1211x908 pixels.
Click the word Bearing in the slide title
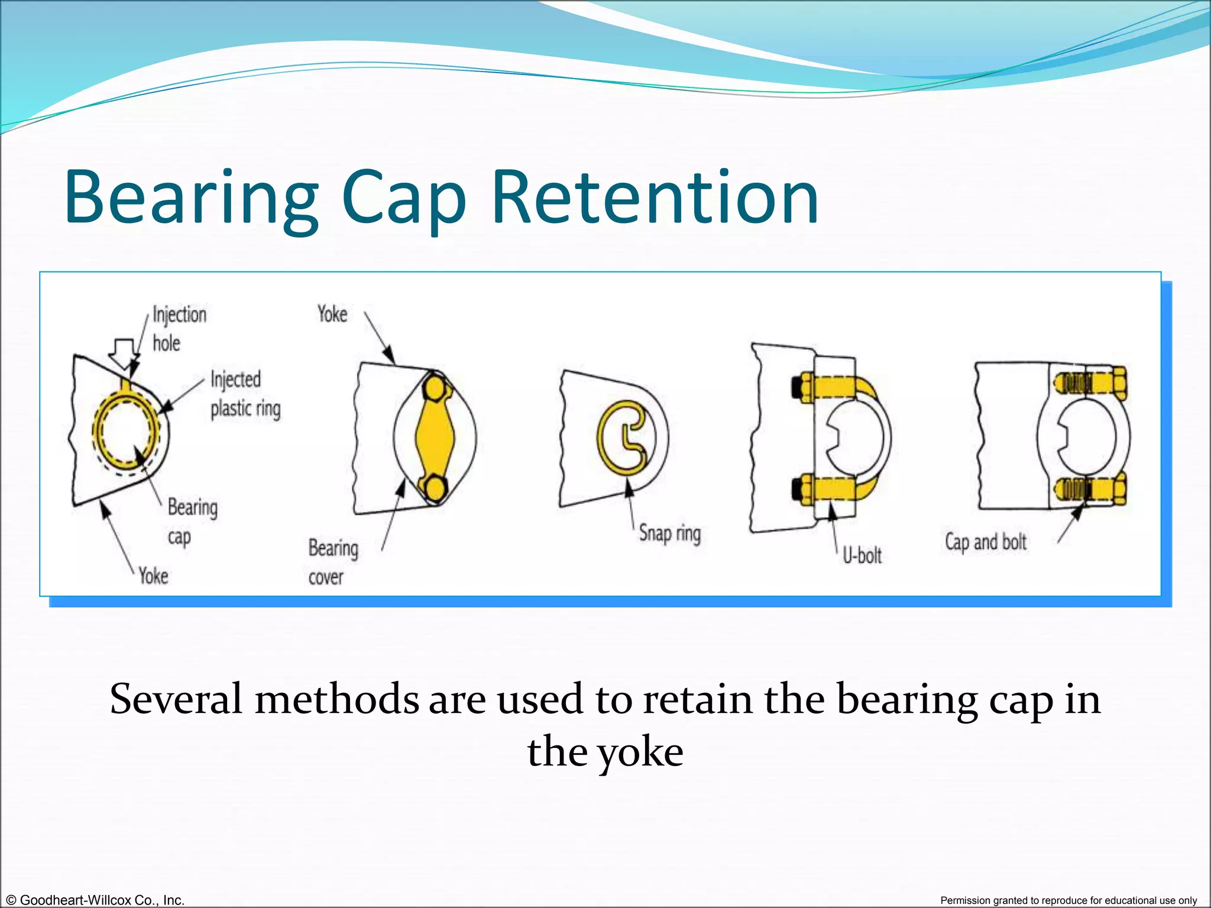click(192, 198)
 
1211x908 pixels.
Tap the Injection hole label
click(179, 329)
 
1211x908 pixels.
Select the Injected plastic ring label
click(245, 394)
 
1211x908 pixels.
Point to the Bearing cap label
click(192, 522)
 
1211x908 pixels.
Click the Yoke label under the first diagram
click(153, 576)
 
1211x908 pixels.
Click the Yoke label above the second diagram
click(332, 314)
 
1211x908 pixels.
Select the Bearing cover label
click(332, 562)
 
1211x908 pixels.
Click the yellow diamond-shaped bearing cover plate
click(435, 437)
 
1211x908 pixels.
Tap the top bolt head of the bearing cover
click(435, 389)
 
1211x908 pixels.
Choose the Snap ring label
click(669, 534)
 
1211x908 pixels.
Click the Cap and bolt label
click(985, 542)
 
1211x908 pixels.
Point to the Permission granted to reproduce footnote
click(1068, 900)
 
